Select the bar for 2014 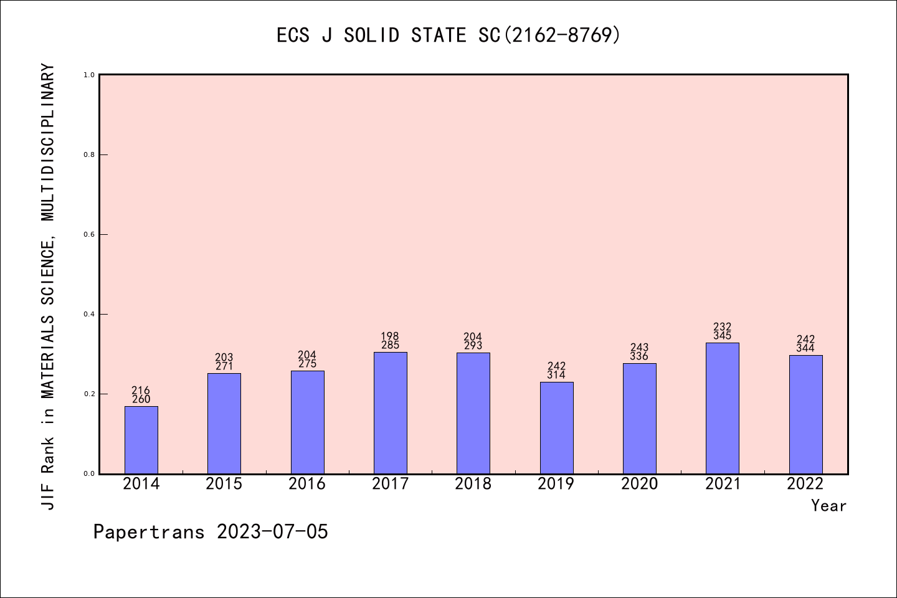point(141,440)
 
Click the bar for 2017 point(391,413)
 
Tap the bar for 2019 point(556,428)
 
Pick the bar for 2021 point(723,408)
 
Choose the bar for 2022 point(805,414)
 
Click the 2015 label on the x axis point(224,484)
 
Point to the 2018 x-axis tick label point(473,484)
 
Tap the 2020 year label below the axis point(639,484)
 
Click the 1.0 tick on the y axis point(89,75)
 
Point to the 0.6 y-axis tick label point(89,234)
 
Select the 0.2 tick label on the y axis point(89,394)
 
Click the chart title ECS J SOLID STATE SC point(448,36)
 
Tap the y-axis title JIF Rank point(48,287)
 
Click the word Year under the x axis point(828,506)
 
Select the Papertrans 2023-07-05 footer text point(211,532)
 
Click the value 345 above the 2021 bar point(723,336)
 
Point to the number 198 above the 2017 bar point(391,336)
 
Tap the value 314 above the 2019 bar point(556,375)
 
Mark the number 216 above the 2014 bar point(141,391)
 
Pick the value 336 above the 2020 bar point(639,356)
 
